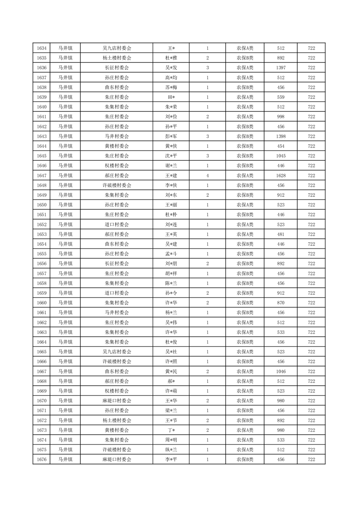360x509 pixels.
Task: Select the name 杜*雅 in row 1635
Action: click(x=171, y=58)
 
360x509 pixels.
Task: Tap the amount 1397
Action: click(x=280, y=68)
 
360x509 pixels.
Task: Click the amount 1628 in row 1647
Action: click(x=280, y=175)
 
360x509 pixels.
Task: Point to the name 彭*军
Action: click(x=171, y=136)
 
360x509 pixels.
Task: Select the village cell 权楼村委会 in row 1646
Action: click(x=117, y=166)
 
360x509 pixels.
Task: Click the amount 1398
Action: click(x=280, y=136)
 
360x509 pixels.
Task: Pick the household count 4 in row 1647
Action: click(x=207, y=175)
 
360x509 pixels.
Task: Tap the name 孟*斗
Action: click(x=171, y=254)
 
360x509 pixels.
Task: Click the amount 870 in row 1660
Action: click(x=280, y=303)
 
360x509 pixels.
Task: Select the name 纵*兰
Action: click(x=171, y=450)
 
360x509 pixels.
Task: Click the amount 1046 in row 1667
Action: click(x=280, y=371)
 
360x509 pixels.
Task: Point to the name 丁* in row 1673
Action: click(x=171, y=430)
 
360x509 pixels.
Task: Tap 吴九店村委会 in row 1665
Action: click(x=117, y=352)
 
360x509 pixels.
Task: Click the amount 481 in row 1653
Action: click(x=280, y=234)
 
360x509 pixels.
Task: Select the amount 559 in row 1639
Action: click(x=280, y=97)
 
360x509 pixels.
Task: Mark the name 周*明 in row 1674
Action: click(x=171, y=440)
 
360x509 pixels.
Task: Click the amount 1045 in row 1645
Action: click(x=280, y=156)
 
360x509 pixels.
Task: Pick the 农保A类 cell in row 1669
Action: click(x=245, y=391)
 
